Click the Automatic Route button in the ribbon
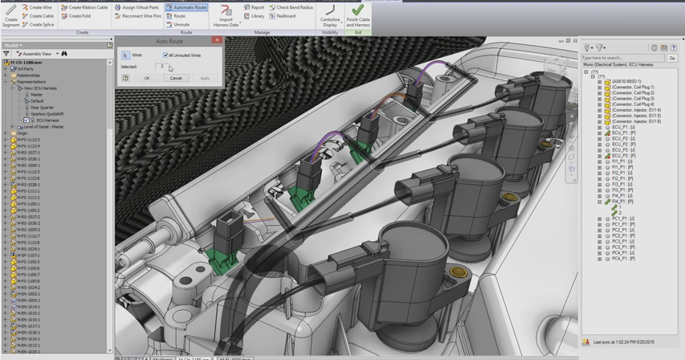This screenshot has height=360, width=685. (x=186, y=7)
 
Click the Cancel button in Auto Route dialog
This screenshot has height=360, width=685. (x=176, y=78)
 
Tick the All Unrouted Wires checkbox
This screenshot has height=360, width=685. (x=165, y=55)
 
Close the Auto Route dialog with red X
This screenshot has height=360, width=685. (x=217, y=40)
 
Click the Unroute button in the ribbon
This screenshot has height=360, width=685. (x=178, y=25)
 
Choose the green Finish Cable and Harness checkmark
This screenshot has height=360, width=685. (x=357, y=11)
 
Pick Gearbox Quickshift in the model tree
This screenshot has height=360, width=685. (x=47, y=114)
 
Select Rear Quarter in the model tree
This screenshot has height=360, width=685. (x=42, y=108)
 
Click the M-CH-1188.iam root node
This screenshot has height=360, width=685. (x=26, y=63)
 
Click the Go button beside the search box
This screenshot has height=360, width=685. (x=672, y=58)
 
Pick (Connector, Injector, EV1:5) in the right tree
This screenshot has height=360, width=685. (x=636, y=116)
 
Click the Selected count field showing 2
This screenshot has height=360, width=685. (x=161, y=67)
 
